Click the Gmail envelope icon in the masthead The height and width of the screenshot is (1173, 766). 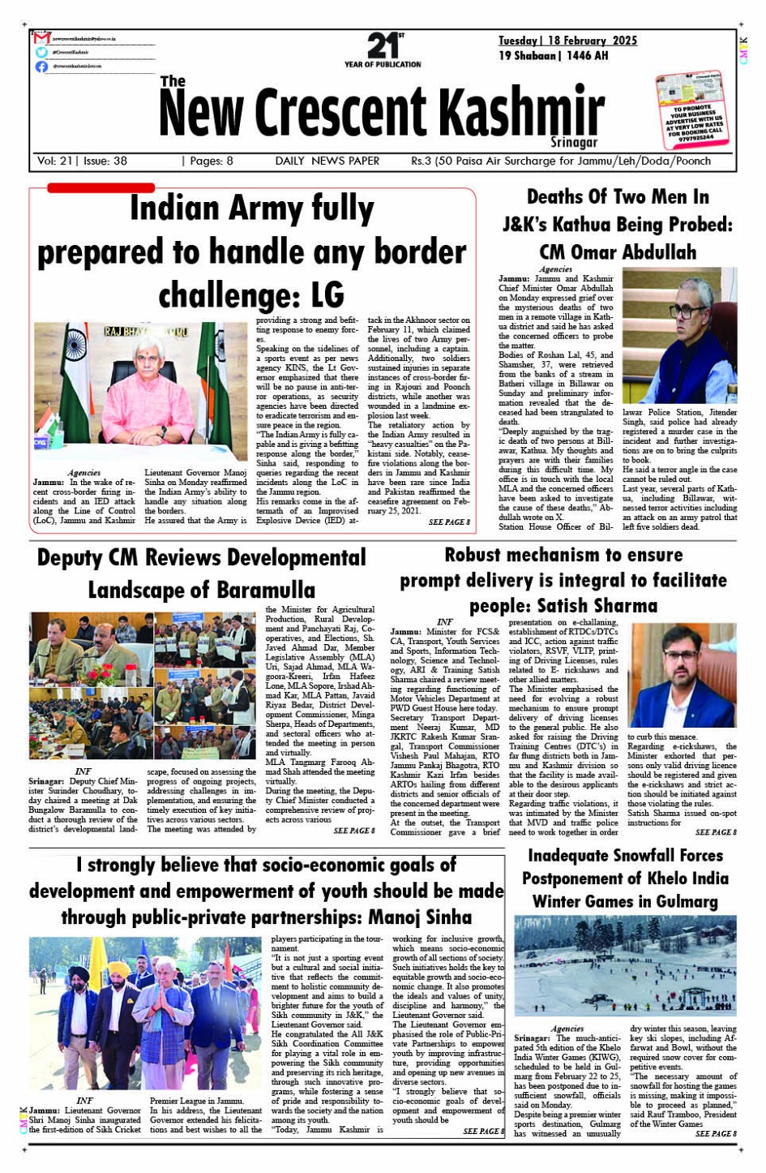pos(42,38)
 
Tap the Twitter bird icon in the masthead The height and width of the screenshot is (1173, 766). pos(41,52)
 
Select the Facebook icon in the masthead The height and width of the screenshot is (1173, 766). pos(41,67)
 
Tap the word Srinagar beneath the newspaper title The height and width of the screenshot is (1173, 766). pos(574,143)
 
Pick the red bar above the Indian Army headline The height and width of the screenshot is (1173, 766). pos(101,187)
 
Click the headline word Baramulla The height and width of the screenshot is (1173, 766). pos(202,590)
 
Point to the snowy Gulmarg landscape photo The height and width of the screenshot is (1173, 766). pos(625,965)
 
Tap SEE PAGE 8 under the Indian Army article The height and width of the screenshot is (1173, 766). pos(449,522)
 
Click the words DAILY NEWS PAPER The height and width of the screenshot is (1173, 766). pos(327,161)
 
